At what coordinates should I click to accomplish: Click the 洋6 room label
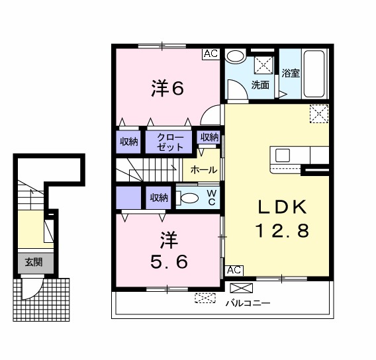click(x=167, y=89)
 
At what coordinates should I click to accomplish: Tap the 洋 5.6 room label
click(x=169, y=250)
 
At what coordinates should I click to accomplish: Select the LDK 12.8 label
click(x=282, y=218)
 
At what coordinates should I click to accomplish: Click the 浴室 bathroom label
click(x=291, y=73)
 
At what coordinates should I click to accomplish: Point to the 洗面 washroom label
click(x=260, y=85)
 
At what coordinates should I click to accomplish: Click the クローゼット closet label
click(x=170, y=142)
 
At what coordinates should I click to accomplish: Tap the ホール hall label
click(x=204, y=170)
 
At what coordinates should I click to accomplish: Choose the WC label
click(x=212, y=197)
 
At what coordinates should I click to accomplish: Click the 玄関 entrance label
click(x=34, y=262)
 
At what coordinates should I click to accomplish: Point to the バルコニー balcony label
click(x=248, y=303)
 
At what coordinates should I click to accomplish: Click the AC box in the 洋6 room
click(x=211, y=54)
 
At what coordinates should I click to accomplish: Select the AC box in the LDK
click(x=234, y=271)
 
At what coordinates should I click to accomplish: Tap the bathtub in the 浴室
click(x=314, y=73)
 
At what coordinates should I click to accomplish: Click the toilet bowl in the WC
click(x=189, y=199)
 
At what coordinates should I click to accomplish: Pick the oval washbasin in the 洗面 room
click(x=235, y=56)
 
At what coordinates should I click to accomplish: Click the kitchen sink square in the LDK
click(x=283, y=156)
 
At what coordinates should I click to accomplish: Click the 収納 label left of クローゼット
click(x=129, y=142)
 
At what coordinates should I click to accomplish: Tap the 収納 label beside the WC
click(x=159, y=198)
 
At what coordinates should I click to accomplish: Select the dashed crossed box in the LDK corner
click(x=319, y=114)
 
